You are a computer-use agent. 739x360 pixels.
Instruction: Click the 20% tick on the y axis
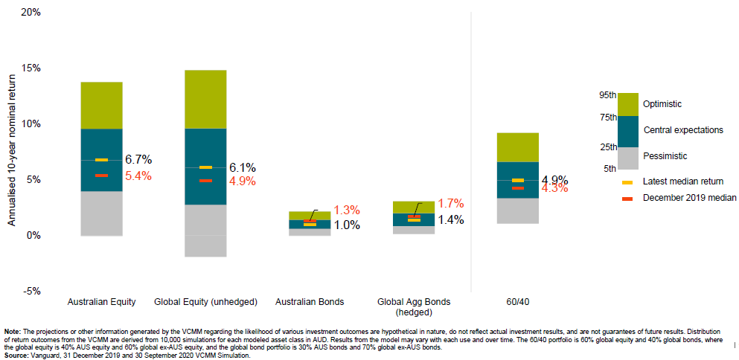(x=31, y=13)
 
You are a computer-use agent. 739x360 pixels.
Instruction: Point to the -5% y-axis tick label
(x=31, y=291)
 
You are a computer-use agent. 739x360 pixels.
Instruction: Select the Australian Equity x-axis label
(x=101, y=303)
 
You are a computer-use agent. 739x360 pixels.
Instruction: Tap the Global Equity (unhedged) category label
(x=205, y=303)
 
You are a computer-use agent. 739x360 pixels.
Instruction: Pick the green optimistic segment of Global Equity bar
(x=205, y=99)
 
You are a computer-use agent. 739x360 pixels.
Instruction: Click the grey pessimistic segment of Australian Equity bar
(x=101, y=213)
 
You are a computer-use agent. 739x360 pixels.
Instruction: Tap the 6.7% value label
(x=138, y=159)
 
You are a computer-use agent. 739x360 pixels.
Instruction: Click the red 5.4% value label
(x=138, y=176)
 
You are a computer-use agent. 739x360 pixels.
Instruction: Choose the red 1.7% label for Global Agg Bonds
(x=451, y=203)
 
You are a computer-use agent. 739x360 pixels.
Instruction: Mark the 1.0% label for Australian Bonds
(x=347, y=225)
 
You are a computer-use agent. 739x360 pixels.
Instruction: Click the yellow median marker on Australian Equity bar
(x=101, y=160)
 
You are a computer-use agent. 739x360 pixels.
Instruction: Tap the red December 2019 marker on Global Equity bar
(x=205, y=181)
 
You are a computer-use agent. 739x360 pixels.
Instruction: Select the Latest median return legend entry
(x=682, y=181)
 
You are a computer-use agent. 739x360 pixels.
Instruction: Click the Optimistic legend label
(x=662, y=104)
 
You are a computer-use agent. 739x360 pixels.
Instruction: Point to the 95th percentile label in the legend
(x=607, y=95)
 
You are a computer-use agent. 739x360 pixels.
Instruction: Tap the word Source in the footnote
(x=16, y=356)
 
